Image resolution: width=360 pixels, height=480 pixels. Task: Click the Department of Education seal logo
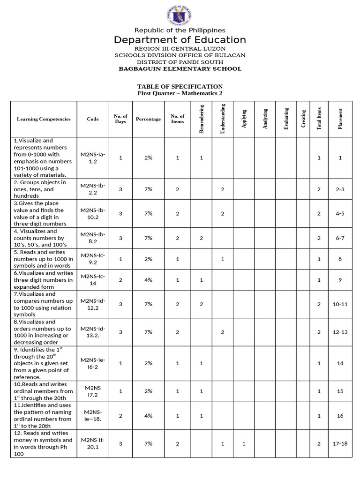point(180,15)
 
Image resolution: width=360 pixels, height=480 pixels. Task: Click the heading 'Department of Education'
point(180,40)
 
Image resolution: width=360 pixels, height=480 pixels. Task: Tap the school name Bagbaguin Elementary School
point(180,69)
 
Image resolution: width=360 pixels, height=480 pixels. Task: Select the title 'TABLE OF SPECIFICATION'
point(180,87)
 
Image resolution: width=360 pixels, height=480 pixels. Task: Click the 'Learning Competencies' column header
point(44,119)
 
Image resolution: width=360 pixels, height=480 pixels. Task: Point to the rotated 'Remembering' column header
point(202,119)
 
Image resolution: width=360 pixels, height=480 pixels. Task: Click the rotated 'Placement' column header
point(340,119)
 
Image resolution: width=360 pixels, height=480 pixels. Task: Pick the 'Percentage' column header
point(148,119)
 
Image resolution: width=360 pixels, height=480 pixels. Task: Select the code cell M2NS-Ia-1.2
point(93,157)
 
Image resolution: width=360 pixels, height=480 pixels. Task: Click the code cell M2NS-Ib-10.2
point(93,213)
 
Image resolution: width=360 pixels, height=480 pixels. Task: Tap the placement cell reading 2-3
point(340,189)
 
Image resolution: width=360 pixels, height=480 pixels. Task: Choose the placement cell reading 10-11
point(340,304)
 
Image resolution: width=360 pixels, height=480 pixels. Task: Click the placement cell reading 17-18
point(340,443)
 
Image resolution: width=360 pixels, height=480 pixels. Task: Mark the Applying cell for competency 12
point(244,443)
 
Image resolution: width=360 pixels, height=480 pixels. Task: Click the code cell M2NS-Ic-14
point(93,280)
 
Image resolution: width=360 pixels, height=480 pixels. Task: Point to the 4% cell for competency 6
point(148,280)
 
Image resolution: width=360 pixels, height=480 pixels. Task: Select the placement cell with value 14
point(340,363)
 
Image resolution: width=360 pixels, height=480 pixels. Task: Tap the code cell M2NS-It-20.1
point(93,443)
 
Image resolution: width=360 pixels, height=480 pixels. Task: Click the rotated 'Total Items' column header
point(319,119)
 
